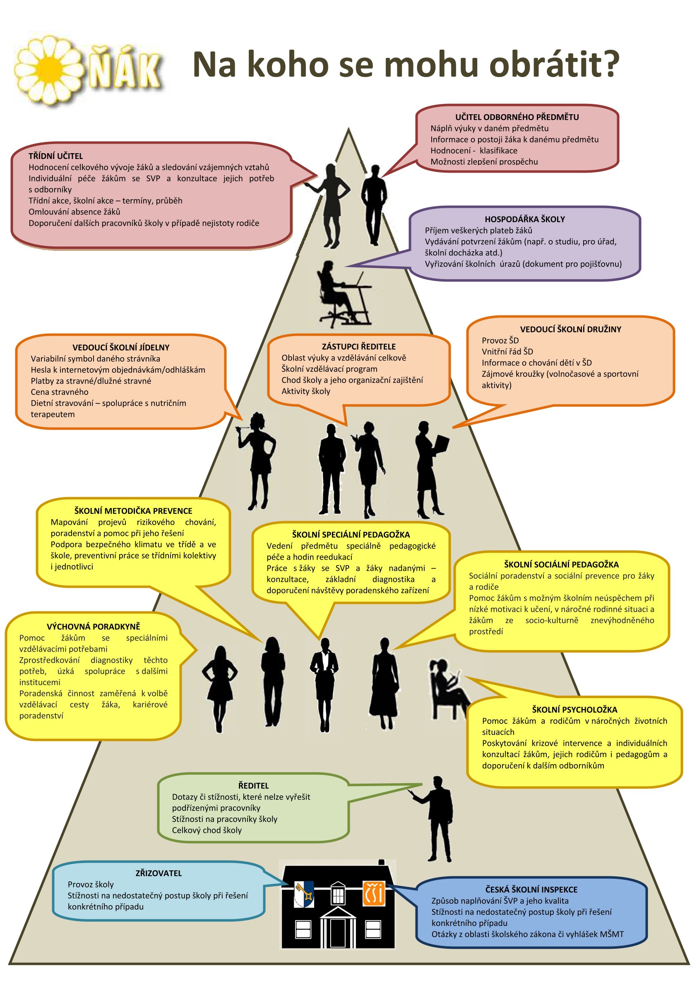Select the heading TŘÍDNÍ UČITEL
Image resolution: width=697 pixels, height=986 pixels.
(55, 156)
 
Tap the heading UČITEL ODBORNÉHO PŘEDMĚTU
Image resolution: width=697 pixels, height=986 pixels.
(517, 117)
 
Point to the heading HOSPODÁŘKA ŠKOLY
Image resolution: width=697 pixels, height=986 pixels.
(524, 219)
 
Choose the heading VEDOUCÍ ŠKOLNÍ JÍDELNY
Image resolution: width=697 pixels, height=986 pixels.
(121, 347)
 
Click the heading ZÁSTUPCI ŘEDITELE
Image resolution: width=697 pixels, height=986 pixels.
(358, 346)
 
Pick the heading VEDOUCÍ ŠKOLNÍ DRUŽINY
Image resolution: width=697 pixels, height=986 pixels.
(570, 329)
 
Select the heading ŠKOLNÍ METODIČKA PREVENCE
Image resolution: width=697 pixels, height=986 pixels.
(133, 511)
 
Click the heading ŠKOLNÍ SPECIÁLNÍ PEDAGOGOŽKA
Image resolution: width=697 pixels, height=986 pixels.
(351, 535)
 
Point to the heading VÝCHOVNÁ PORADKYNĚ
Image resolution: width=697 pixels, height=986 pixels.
(93, 627)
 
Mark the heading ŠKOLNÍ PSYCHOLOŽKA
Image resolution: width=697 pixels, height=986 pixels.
(574, 709)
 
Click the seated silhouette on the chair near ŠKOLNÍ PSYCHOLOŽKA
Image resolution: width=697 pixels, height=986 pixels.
(447, 689)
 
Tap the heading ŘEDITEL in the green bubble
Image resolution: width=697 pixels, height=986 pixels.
(253, 786)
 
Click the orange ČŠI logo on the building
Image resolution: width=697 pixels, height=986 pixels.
(374, 894)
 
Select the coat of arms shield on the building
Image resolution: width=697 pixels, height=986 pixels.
(304, 895)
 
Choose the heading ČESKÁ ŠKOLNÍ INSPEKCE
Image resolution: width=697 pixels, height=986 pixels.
(531, 890)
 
